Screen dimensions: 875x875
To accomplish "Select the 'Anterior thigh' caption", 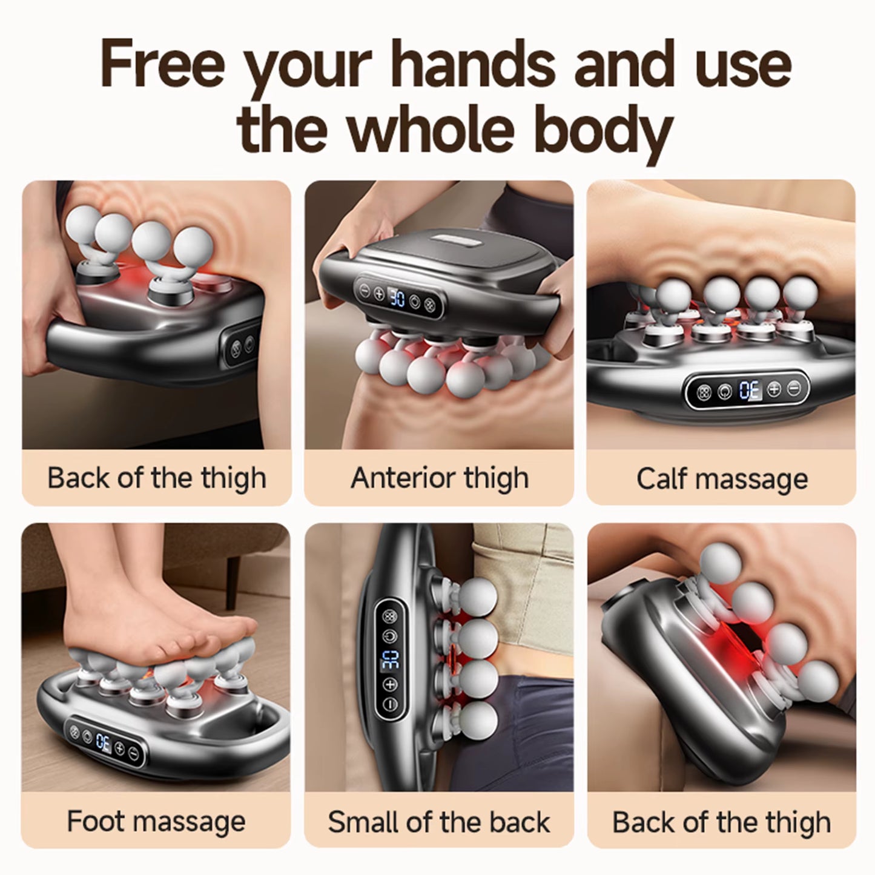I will pyautogui.click(x=439, y=478).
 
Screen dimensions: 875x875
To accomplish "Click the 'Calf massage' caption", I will pyautogui.click(x=722, y=479).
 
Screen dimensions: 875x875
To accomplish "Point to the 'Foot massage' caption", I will pyautogui.click(x=156, y=822).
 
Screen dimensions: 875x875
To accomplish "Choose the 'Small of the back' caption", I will pyautogui.click(x=439, y=822).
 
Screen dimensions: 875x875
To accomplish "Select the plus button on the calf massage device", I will pyautogui.click(x=775, y=389).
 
